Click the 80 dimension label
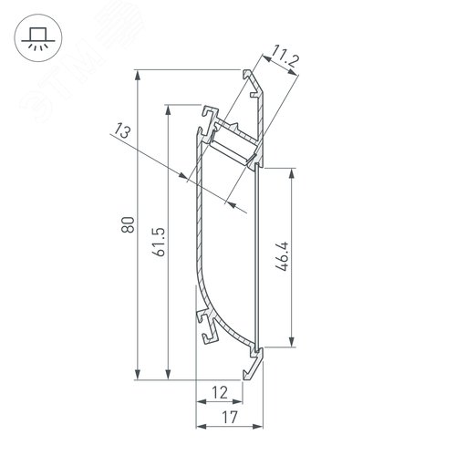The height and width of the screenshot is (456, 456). (127, 223)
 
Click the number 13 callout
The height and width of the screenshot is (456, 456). (124, 133)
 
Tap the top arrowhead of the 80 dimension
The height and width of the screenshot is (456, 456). (136, 72)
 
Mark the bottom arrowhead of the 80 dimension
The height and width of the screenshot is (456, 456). (136, 373)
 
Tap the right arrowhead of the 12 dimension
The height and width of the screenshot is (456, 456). (239, 400)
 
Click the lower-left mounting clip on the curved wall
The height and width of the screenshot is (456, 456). (206, 325)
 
